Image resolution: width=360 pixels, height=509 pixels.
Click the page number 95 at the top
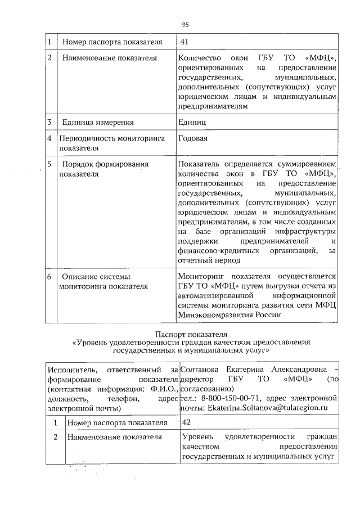185,24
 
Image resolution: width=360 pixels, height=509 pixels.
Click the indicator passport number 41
184,42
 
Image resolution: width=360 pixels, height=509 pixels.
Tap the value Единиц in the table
192,121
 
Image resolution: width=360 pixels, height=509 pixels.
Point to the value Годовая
193,138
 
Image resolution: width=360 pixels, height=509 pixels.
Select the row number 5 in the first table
49,164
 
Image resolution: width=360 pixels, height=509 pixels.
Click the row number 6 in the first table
49,277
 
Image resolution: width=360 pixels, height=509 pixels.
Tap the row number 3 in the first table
49,121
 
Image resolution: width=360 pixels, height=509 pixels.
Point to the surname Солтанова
200,370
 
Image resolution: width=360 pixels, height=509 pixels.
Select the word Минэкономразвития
210,315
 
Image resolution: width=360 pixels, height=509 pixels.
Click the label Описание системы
96,277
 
